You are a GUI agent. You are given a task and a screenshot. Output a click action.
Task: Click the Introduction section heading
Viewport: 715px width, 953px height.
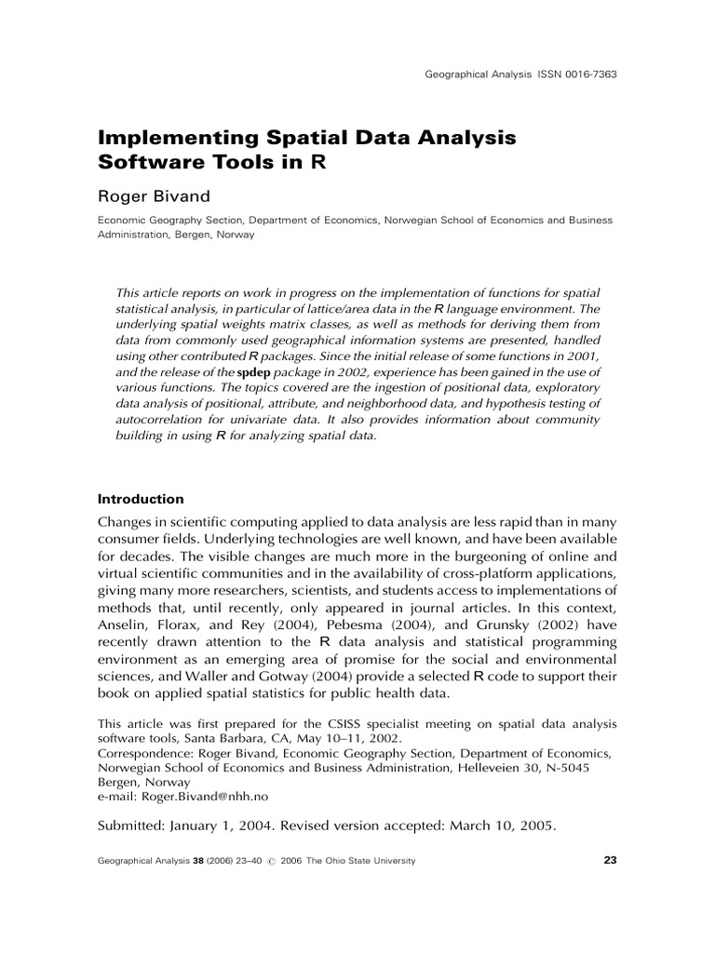(141, 499)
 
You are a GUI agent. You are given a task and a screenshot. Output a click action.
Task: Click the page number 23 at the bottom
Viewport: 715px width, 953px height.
(610, 860)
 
